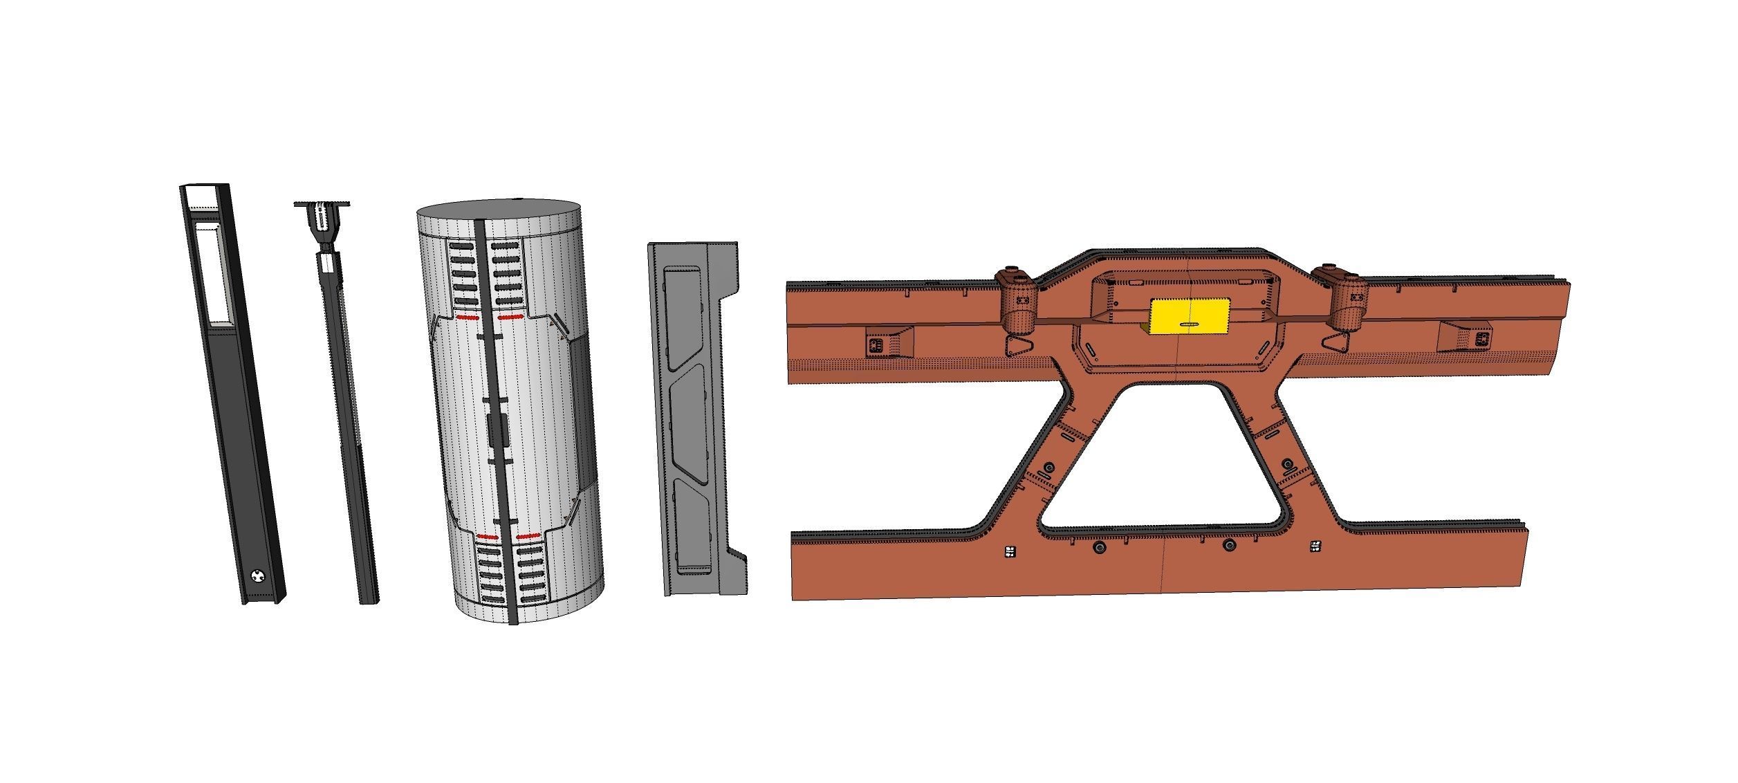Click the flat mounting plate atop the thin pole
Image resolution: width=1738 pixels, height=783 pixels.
point(322,204)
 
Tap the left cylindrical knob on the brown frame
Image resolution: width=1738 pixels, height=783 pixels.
point(1016,300)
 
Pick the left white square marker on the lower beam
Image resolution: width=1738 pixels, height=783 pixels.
point(1010,552)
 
